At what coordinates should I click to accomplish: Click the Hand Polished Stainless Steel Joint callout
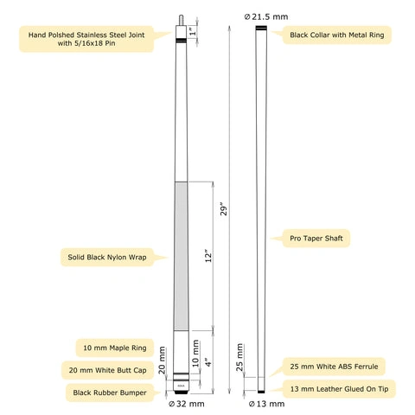click(x=86, y=39)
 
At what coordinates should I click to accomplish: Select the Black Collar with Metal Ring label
click(x=337, y=35)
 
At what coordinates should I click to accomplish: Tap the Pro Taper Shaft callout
click(x=316, y=239)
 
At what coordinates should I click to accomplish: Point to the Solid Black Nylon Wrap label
click(x=107, y=257)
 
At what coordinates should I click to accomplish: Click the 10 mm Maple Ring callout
click(x=115, y=348)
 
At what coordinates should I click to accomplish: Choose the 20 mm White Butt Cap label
click(x=107, y=370)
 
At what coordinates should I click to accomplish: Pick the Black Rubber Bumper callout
click(x=110, y=393)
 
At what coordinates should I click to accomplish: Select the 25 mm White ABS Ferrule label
click(x=334, y=367)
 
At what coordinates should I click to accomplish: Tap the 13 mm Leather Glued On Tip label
click(x=339, y=389)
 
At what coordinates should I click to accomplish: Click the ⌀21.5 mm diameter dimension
click(x=266, y=16)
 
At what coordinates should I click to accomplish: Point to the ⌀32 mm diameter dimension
click(x=186, y=404)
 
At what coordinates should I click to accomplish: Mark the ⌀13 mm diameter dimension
click(x=266, y=404)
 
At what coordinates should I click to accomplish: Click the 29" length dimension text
click(x=224, y=209)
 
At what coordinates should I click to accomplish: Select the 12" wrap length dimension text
click(x=208, y=255)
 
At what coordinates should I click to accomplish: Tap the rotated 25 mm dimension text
click(x=239, y=358)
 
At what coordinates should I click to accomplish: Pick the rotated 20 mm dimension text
click(x=162, y=361)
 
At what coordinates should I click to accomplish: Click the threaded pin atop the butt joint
click(x=181, y=20)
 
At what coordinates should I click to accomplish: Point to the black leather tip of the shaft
click(x=261, y=392)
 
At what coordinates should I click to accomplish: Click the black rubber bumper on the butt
click(x=182, y=393)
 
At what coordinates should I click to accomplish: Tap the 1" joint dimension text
click(x=194, y=31)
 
